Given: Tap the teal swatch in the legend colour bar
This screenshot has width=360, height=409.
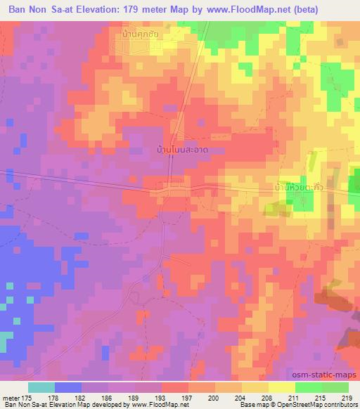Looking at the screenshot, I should [x=41, y=387].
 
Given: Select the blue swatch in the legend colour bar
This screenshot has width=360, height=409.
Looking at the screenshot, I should [x=68, y=387].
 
